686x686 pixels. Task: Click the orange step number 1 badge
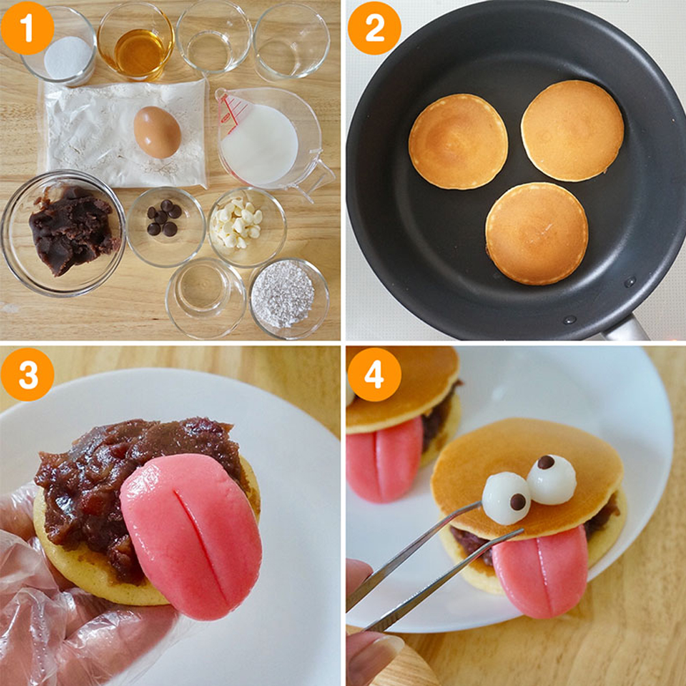pos(27,27)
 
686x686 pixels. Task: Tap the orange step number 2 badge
pos(374,27)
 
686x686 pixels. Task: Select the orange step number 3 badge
pos(27,374)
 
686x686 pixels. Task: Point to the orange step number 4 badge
pos(374,374)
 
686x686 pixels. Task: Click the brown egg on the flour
pos(158,132)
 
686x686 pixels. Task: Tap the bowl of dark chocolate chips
pos(166,227)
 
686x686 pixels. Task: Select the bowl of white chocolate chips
pos(247,227)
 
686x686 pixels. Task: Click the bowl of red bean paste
pos(63,233)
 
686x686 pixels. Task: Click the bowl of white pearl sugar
pos(289,299)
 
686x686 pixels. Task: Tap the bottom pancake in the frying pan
pos(537,233)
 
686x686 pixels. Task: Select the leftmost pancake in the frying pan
pos(458,142)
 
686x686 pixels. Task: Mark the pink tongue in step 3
pos(192,535)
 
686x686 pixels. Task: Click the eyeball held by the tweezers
pos(507,498)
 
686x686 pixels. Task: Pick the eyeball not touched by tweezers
pos(551,479)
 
